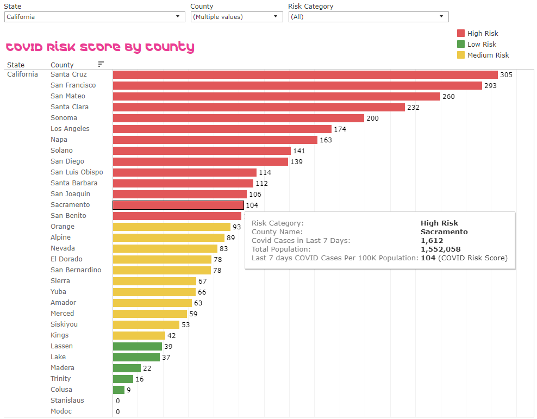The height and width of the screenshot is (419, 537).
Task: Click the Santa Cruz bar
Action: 305,74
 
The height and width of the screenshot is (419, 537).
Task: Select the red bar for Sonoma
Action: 238,118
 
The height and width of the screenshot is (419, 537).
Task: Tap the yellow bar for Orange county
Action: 171,227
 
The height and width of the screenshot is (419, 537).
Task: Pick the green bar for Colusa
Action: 118,390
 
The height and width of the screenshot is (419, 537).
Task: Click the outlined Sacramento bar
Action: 178,205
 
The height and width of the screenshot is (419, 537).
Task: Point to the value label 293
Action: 490,85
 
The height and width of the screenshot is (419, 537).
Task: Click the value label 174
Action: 340,129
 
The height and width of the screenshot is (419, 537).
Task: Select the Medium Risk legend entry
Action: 488,55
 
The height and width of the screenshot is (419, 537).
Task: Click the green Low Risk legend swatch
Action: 461,44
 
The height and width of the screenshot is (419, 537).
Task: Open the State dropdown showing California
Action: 94,17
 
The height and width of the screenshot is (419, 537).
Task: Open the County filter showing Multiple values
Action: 236,17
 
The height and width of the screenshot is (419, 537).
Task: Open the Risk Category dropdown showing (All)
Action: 368,17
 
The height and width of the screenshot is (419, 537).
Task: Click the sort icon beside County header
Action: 101,64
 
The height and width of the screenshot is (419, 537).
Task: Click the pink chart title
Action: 99,47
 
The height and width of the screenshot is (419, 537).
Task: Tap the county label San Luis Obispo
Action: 77,172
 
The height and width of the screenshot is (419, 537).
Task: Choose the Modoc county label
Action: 61,411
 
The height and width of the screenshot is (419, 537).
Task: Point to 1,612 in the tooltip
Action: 432,240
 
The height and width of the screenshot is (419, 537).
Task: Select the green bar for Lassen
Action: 137,346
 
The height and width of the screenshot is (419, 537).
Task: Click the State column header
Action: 16,65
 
